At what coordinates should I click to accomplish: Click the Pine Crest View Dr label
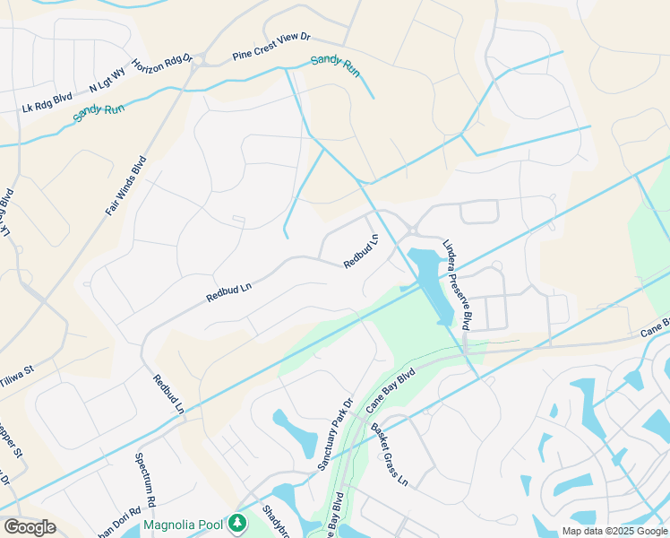[x=271, y=46]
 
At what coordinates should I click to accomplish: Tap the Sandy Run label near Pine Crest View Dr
[x=335, y=66]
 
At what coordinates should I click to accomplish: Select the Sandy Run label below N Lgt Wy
[x=99, y=112]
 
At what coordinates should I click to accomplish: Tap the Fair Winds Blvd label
[x=125, y=186]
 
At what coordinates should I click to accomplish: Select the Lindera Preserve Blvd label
[x=456, y=284]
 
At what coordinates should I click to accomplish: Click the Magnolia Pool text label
[x=183, y=523]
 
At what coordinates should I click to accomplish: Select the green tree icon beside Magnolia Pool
[x=236, y=522]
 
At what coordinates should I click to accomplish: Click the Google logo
[x=30, y=527]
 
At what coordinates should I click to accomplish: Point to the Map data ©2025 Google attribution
[x=614, y=531]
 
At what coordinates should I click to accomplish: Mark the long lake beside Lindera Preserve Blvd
[x=431, y=284]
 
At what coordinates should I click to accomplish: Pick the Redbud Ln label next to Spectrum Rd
[x=167, y=394]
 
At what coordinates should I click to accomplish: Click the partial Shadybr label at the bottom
[x=272, y=520]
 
